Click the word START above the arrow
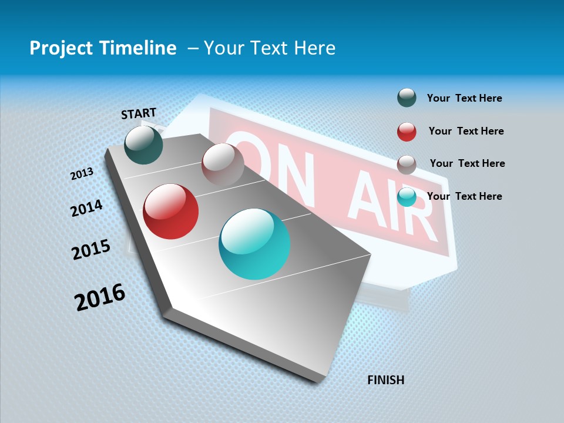[139, 113]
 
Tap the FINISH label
[386, 380]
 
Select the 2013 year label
[82, 173]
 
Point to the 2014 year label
[87, 208]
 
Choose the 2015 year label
[91, 250]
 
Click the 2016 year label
[100, 297]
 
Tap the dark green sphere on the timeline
[144, 145]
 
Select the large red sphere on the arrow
[171, 211]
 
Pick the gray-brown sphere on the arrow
[223, 164]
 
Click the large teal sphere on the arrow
[254, 244]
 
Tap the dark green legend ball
[407, 98]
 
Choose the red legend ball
[407, 132]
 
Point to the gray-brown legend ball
[407, 164]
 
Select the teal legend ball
[407, 197]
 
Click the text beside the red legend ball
[466, 131]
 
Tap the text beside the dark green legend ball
[465, 98]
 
